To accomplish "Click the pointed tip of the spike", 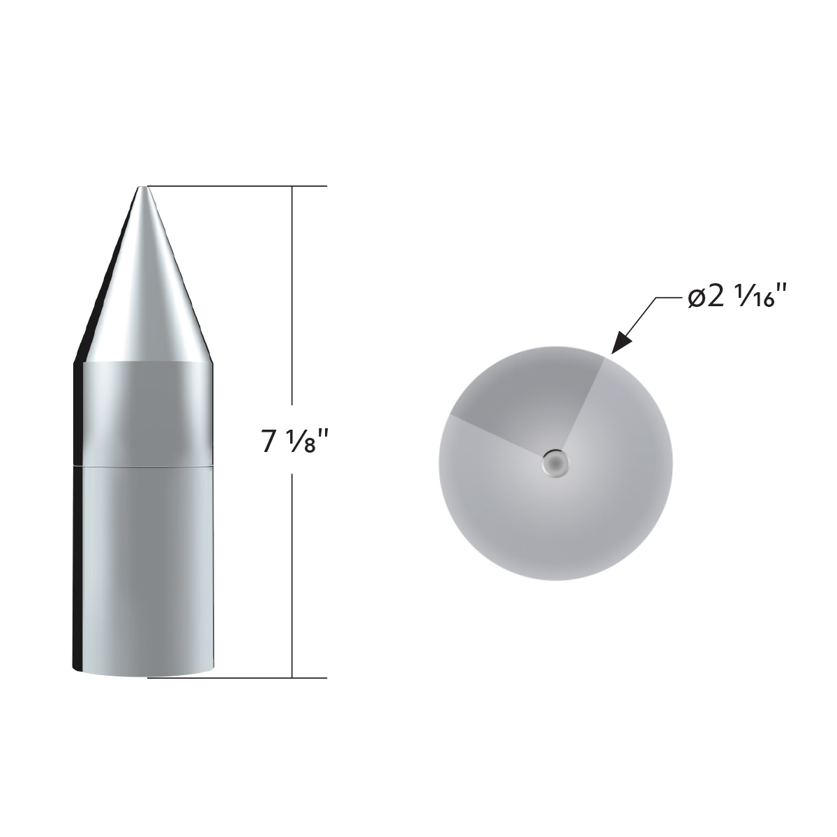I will coord(142,188).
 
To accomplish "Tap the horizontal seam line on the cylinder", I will coord(143,464).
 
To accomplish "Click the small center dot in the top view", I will coord(555,462).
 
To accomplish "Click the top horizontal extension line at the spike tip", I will coord(237,186).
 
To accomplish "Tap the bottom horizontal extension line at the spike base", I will coord(237,677).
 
